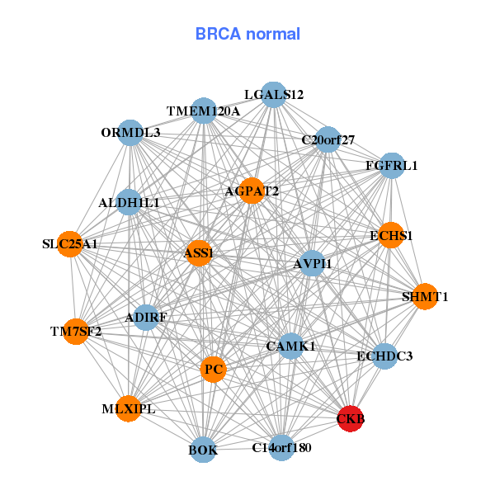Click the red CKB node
click(351, 418)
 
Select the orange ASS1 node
click(200, 253)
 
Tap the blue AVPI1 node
click(312, 263)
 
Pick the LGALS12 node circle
click(273, 95)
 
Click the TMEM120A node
click(204, 111)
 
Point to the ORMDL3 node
click(131, 132)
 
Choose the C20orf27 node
click(328, 139)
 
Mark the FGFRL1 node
click(391, 166)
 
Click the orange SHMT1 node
click(424, 296)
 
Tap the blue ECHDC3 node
click(384, 356)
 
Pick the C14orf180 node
click(281, 447)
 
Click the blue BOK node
click(204, 450)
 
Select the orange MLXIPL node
click(129, 408)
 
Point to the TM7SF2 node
click(76, 332)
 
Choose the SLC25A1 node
click(71, 244)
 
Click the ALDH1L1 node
click(129, 202)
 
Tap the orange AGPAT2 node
click(251, 191)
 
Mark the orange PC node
click(214, 369)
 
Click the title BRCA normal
click(247, 34)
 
